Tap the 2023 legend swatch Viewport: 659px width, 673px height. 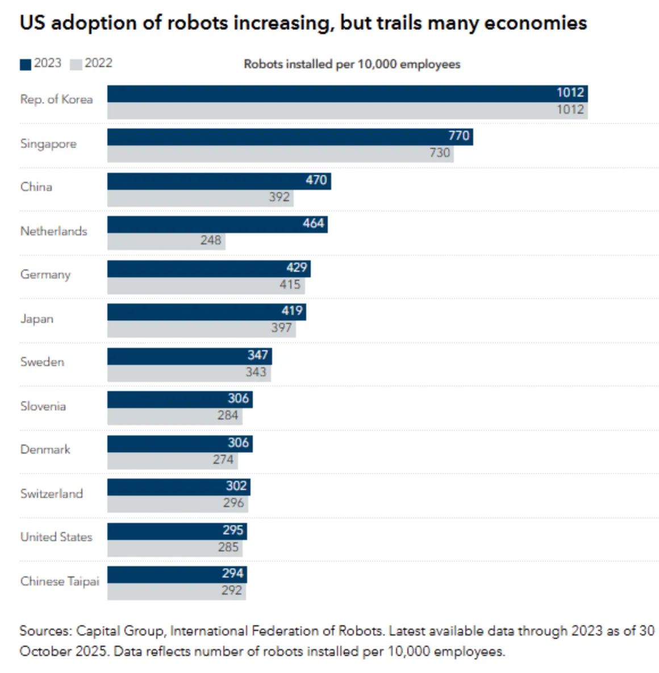pyautogui.click(x=26, y=64)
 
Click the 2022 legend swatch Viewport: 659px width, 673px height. pyautogui.click(x=76, y=64)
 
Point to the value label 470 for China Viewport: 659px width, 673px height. pyautogui.click(x=316, y=180)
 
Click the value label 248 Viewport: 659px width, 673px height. pyautogui.click(x=210, y=240)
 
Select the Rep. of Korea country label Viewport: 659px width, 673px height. pyautogui.click(x=56, y=99)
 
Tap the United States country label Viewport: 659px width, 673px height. pyautogui.click(x=56, y=537)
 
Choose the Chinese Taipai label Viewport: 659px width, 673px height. pyautogui.click(x=60, y=581)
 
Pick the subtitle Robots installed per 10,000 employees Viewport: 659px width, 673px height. pyautogui.click(x=352, y=64)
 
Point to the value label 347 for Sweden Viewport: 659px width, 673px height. pyautogui.click(x=257, y=355)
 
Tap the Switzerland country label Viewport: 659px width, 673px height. pyautogui.click(x=52, y=493)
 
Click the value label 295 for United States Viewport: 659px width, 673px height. pyautogui.click(x=233, y=530)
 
